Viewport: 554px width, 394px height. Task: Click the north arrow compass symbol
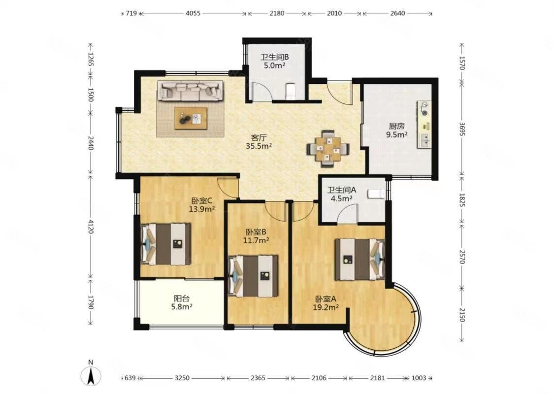[x=91, y=376]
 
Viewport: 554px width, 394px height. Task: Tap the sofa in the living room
[x=191, y=91]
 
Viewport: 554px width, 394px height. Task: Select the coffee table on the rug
[x=191, y=118]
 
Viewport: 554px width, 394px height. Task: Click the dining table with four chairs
[x=328, y=148]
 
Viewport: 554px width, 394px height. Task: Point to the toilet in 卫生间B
[x=290, y=91]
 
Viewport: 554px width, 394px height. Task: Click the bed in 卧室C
[x=166, y=244]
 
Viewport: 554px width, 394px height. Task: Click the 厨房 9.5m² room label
[x=396, y=130]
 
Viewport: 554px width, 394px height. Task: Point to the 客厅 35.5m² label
[x=259, y=141]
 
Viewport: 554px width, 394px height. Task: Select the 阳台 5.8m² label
[x=182, y=302]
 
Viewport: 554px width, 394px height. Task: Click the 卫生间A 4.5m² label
[x=342, y=194]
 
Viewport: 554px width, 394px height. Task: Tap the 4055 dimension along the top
[x=193, y=13]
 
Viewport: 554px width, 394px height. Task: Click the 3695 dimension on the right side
[x=461, y=128]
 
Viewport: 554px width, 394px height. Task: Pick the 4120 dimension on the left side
[x=91, y=226]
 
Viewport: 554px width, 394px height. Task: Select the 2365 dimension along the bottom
[x=258, y=378]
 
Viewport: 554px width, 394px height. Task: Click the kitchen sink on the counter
[x=424, y=140]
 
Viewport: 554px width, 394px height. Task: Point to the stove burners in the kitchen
[x=424, y=109]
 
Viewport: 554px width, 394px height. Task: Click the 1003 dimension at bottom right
[x=419, y=378]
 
